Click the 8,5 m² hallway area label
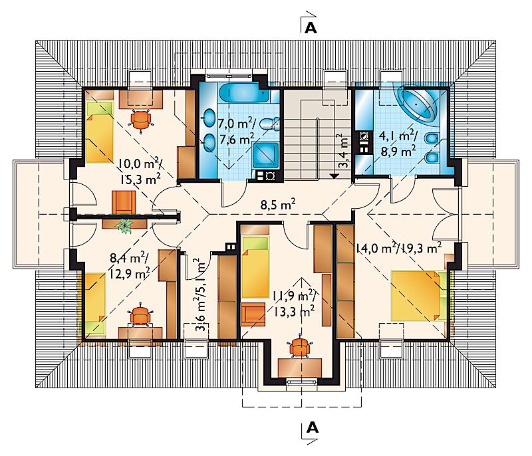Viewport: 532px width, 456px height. click(278, 205)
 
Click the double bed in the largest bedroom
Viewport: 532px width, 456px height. click(418, 295)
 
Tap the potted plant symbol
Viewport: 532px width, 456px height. click(124, 225)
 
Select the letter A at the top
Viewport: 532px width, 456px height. click(311, 28)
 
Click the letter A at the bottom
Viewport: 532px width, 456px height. click(312, 428)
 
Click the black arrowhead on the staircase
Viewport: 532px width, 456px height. click(334, 176)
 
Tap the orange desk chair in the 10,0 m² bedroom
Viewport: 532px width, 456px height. click(141, 119)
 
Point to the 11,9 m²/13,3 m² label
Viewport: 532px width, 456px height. click(294, 304)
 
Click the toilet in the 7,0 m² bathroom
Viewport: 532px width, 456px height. click(270, 124)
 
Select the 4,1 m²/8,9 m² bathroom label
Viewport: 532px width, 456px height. click(398, 144)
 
